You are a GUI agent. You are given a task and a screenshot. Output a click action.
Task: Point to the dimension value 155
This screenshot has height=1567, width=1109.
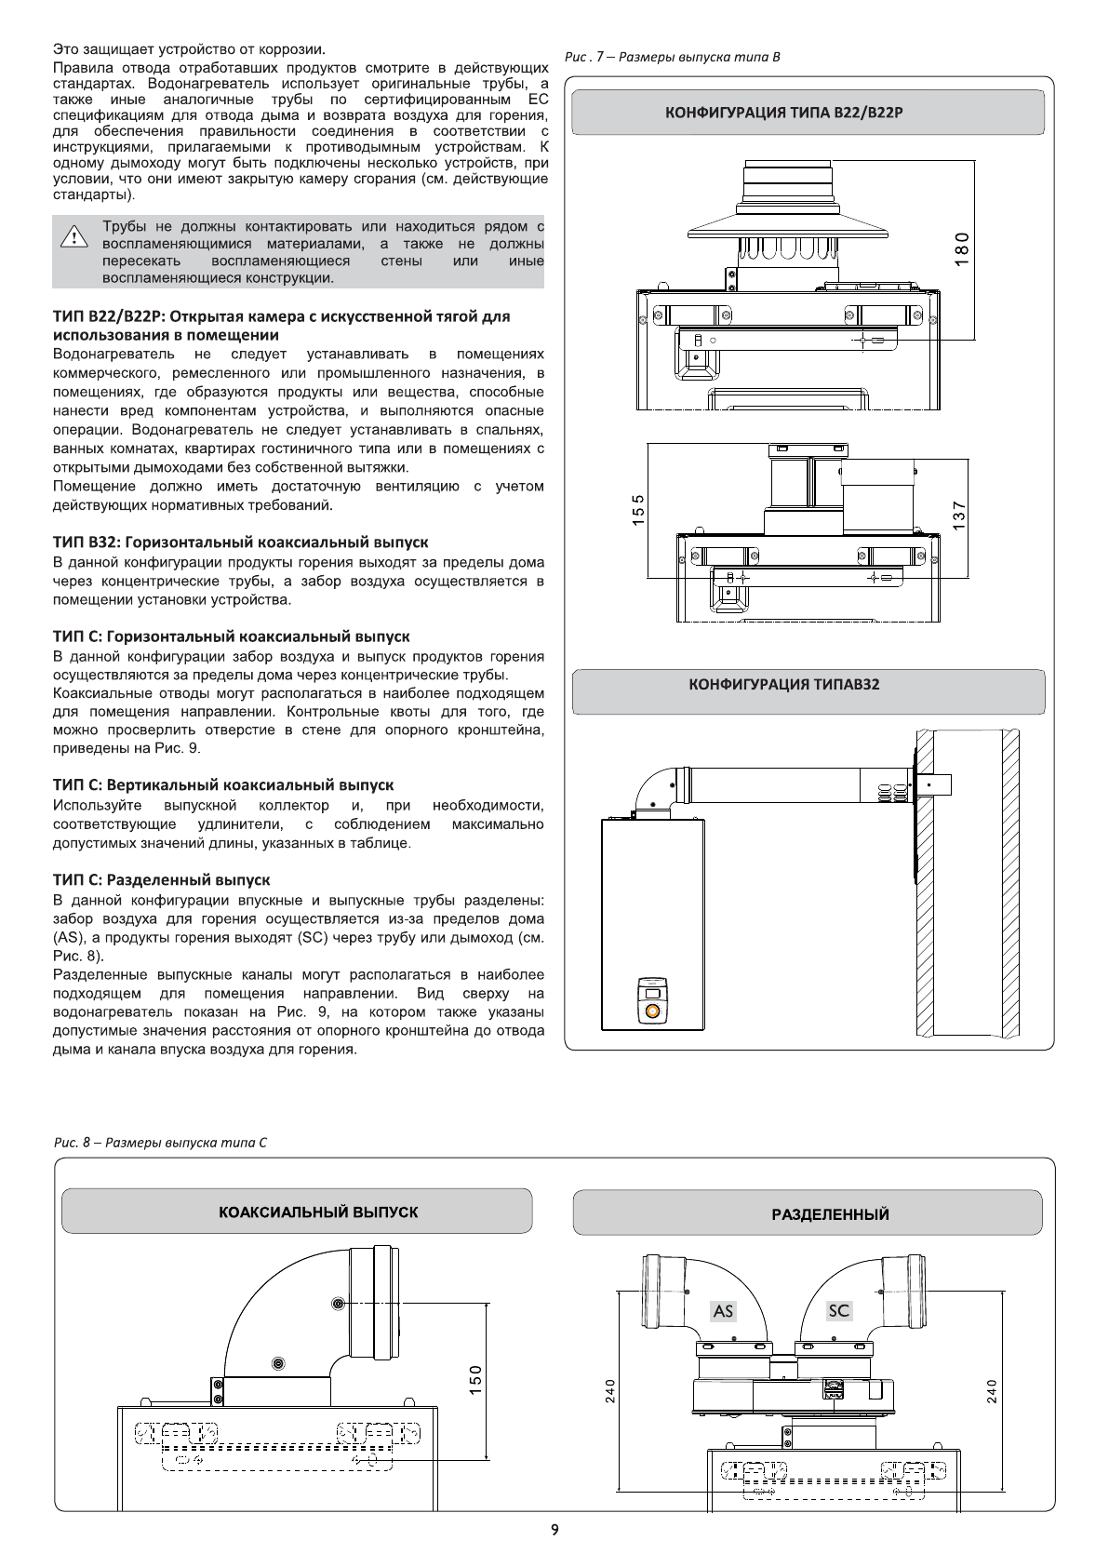[637, 511]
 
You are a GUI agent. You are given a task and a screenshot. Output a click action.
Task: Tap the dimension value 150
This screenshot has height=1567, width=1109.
[475, 1380]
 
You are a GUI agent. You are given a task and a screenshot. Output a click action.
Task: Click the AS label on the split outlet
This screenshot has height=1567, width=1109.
[723, 1311]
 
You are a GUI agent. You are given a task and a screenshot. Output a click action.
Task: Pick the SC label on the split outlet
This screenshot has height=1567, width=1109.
[838, 1310]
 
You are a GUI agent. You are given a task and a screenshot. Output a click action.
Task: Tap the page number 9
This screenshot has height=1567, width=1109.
[554, 1530]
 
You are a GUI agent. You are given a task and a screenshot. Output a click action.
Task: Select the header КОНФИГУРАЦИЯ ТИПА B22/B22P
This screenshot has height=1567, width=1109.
[783, 113]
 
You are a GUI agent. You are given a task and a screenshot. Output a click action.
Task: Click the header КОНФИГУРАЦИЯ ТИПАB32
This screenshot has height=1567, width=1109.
[783, 685]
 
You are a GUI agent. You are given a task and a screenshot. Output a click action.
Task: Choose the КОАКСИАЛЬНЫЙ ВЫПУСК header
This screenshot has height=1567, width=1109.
[318, 1212]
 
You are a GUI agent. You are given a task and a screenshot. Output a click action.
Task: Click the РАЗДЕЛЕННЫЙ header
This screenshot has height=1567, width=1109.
[830, 1214]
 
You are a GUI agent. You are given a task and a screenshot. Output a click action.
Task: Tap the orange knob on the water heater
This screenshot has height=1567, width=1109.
[652, 1011]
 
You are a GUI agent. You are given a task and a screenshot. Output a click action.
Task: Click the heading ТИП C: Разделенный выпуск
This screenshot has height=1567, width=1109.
[162, 879]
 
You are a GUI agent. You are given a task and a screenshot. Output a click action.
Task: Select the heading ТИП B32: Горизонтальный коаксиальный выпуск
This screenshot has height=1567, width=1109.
[241, 542]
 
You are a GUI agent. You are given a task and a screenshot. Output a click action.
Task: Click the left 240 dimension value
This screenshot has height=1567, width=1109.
[609, 1392]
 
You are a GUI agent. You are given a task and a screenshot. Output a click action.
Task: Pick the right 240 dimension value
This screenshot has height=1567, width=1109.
[991, 1392]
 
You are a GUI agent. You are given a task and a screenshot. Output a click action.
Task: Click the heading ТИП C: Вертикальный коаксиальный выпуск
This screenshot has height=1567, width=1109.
[223, 785]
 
